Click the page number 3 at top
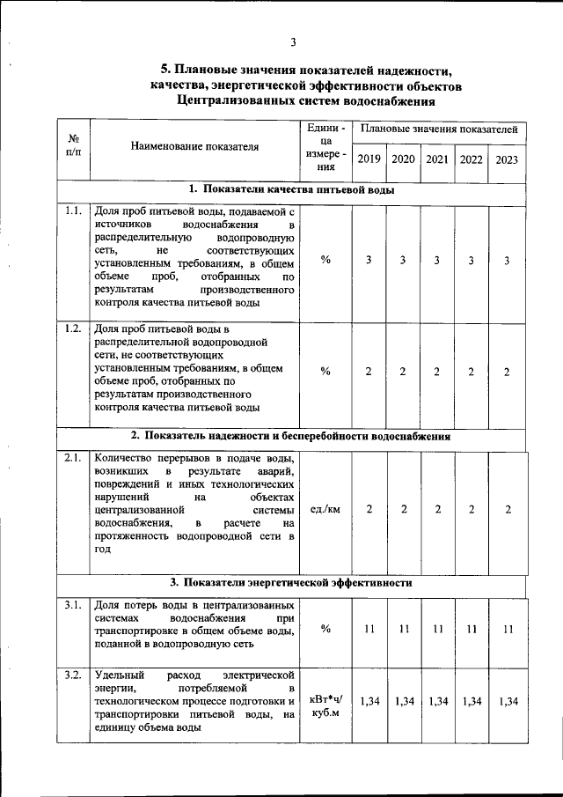[293, 41]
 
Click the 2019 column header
[369, 159]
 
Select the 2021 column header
[436, 159]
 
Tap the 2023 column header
[507, 159]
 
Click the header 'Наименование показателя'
[194, 147]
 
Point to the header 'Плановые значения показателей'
[438, 129]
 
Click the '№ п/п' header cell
[74, 145]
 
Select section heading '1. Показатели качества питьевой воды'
[291, 189]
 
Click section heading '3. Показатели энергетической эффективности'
[291, 582]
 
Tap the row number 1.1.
[73, 210]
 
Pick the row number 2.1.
[73, 458]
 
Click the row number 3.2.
[73, 675]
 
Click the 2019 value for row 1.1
[369, 261]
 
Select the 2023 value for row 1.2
[507, 372]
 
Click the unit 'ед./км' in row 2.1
[325, 511]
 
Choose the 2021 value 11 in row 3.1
[436, 629]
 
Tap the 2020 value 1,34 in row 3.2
[404, 701]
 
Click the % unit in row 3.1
[325, 629]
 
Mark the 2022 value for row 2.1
[472, 511]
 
